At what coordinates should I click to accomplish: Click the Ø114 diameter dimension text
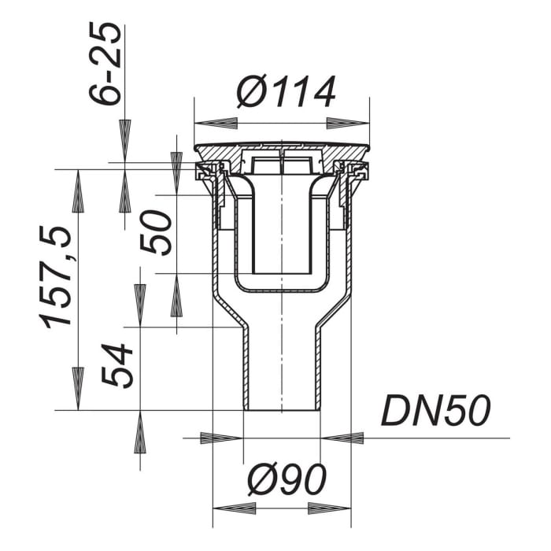[286, 92]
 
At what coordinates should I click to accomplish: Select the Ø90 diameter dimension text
[287, 479]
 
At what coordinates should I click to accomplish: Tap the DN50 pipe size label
[435, 410]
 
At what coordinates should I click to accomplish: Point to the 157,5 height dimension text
[57, 277]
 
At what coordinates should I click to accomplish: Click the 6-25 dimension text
[105, 64]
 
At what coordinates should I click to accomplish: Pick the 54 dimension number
[117, 365]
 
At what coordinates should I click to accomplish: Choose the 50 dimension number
[156, 232]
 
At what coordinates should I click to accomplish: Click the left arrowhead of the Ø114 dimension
[216, 124]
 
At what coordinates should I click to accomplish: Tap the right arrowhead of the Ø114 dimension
[348, 124]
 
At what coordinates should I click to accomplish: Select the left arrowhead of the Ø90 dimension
[235, 508]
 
